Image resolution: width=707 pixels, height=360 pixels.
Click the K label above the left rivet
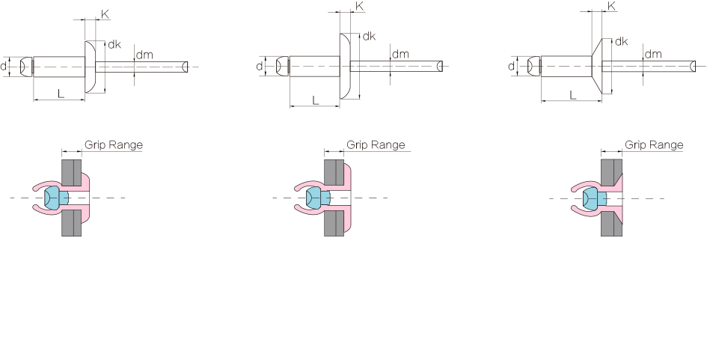pos(105,14)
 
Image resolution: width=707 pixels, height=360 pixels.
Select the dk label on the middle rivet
pos(369,36)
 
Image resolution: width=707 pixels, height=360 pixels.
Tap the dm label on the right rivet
pos(653,54)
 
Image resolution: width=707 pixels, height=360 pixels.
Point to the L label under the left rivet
pos(61,94)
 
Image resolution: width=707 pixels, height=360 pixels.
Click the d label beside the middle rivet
pos(260,67)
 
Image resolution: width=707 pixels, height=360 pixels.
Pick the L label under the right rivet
pos(572,95)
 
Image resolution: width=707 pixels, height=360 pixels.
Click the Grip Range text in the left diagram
pos(114,144)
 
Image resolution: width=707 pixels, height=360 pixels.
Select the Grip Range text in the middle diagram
pos(376,144)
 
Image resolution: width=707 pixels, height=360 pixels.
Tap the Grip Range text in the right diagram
pos(654,144)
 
